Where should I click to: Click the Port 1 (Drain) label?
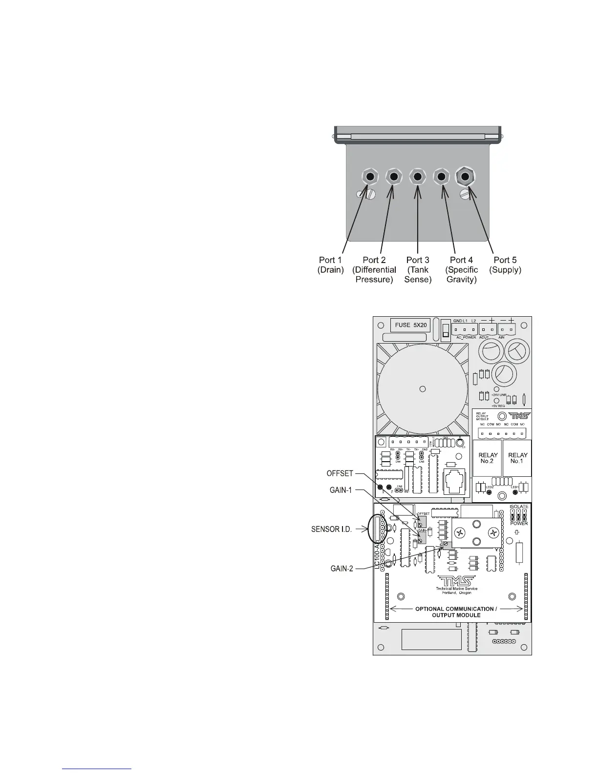point(330,264)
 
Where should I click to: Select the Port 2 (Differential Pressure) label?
point(374,269)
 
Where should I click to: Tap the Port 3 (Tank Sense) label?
point(418,269)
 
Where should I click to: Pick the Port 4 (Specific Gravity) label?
point(461,269)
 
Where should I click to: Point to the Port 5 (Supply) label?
point(505,264)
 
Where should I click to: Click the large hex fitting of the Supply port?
point(465,177)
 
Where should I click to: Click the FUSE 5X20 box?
point(410,325)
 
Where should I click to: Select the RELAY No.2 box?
point(488,458)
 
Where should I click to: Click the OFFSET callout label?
point(339,473)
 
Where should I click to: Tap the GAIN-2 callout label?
point(341,568)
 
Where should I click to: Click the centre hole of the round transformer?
point(423,388)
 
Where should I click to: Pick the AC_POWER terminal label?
point(467,337)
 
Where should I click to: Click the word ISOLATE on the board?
point(518,507)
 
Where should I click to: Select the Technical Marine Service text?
point(456,589)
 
